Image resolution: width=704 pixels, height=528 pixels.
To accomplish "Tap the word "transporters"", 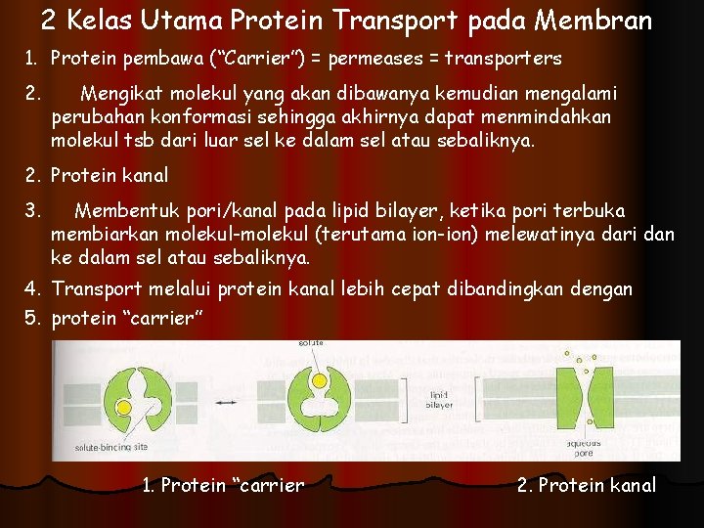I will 503,59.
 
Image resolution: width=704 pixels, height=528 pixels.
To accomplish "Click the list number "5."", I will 32,318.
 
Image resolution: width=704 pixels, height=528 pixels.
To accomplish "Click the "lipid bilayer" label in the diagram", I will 439,399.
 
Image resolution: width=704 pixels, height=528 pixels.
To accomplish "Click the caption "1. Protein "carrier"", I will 223,485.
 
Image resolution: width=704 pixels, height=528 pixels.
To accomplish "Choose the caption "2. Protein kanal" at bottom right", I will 586,485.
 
